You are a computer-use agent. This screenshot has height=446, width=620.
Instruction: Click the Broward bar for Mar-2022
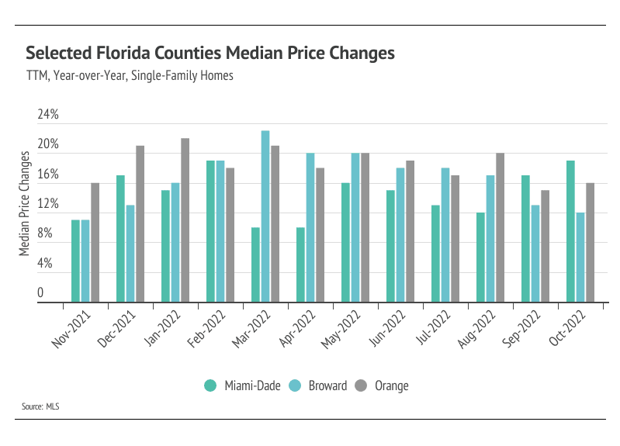coord(265,216)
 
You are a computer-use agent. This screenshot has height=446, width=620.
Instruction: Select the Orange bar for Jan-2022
coord(185,220)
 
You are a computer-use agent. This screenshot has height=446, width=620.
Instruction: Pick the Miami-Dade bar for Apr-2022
coord(300,264)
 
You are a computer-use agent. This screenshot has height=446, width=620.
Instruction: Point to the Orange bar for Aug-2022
coord(501,227)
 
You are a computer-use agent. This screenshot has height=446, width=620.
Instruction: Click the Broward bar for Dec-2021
coord(130,254)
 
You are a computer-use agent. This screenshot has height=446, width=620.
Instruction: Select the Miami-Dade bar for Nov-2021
coord(75,261)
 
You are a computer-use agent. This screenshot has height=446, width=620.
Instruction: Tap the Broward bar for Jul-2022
coord(445,235)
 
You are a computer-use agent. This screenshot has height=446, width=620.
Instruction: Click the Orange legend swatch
coord(361,385)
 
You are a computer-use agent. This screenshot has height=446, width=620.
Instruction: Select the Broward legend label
coord(327,385)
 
